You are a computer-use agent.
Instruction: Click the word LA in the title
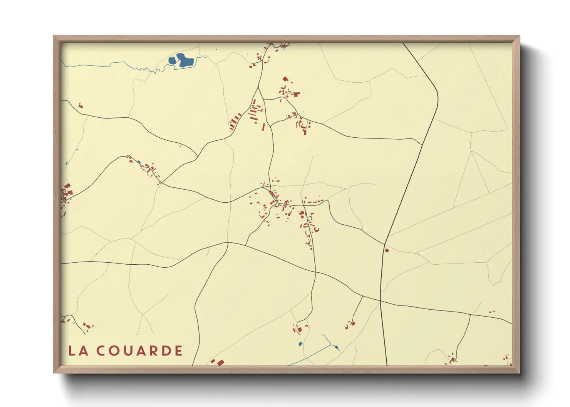(79, 351)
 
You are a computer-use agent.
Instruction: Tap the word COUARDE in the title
(139, 351)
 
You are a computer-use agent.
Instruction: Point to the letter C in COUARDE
(101, 351)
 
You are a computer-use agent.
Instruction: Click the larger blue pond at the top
(185, 60)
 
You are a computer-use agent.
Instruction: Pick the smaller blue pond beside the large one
(172, 60)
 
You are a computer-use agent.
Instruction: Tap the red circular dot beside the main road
(387, 250)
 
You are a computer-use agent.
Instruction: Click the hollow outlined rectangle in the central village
(309, 219)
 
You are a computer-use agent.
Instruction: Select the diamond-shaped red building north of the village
(285, 79)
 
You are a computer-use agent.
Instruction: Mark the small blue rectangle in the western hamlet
(139, 162)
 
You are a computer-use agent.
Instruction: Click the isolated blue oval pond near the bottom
(300, 344)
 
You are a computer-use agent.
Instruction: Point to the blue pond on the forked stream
(337, 347)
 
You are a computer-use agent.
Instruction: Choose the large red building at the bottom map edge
(220, 362)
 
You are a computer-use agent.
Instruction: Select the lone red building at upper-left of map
(80, 105)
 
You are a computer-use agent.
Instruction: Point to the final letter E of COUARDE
(179, 351)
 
